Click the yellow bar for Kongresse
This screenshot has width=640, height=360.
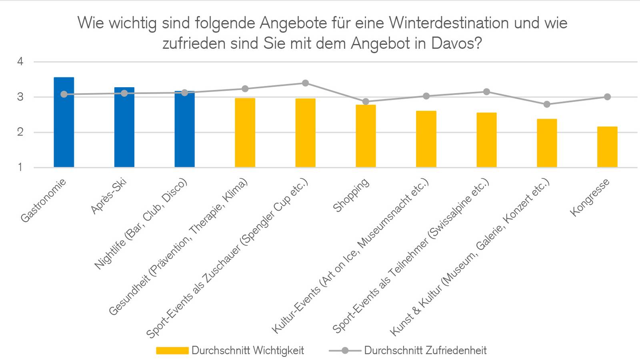[x=607, y=147]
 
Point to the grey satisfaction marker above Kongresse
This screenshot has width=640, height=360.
[x=607, y=97]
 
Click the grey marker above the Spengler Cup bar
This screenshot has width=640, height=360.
[x=305, y=83]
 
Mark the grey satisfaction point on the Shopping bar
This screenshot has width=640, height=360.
[x=366, y=102]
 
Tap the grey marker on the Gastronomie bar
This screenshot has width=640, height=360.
[x=64, y=94]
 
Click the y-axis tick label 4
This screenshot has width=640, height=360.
[x=20, y=62]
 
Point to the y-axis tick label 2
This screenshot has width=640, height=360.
[x=20, y=132]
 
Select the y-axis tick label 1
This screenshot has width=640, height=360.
[x=20, y=167]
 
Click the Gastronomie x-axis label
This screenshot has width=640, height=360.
[x=43, y=200]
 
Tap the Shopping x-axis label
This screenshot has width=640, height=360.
[x=351, y=196]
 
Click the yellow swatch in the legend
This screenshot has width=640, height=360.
[x=172, y=351]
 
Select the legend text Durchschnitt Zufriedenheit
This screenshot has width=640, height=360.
[x=425, y=351]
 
